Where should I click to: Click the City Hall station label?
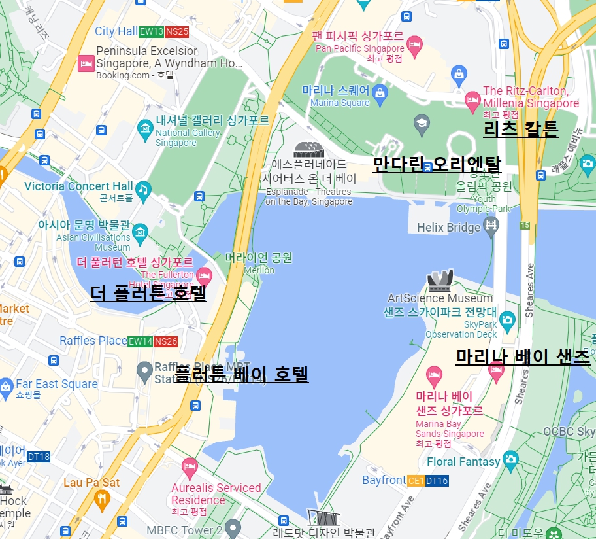click(x=116, y=31)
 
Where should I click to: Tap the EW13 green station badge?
click(x=151, y=31)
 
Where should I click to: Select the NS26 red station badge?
click(x=166, y=341)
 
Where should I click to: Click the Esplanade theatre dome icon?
click(x=307, y=150)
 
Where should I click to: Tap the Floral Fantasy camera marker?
click(x=510, y=460)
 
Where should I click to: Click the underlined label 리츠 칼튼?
click(x=521, y=129)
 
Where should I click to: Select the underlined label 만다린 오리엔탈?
click(x=437, y=164)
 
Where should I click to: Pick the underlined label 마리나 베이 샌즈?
click(x=523, y=356)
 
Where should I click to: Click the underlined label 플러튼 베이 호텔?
click(x=241, y=375)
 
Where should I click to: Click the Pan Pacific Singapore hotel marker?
click(x=414, y=44)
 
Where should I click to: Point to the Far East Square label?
click(x=56, y=384)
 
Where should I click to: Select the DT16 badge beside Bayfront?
click(x=437, y=481)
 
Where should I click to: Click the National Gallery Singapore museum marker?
click(x=145, y=130)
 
